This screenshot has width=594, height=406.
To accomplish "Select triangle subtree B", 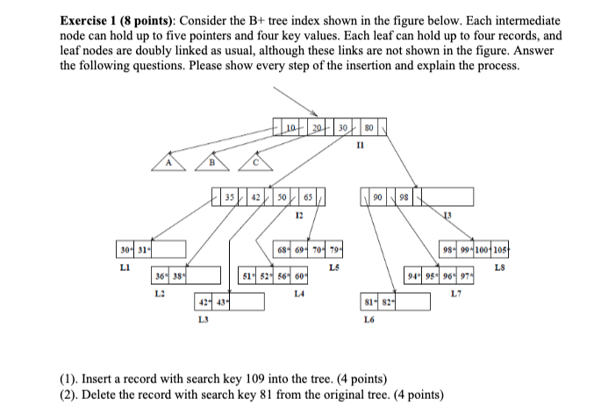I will pos(210,162).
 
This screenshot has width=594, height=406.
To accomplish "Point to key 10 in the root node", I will pos(290,129).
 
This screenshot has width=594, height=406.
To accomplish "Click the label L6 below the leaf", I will pos(368,321).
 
